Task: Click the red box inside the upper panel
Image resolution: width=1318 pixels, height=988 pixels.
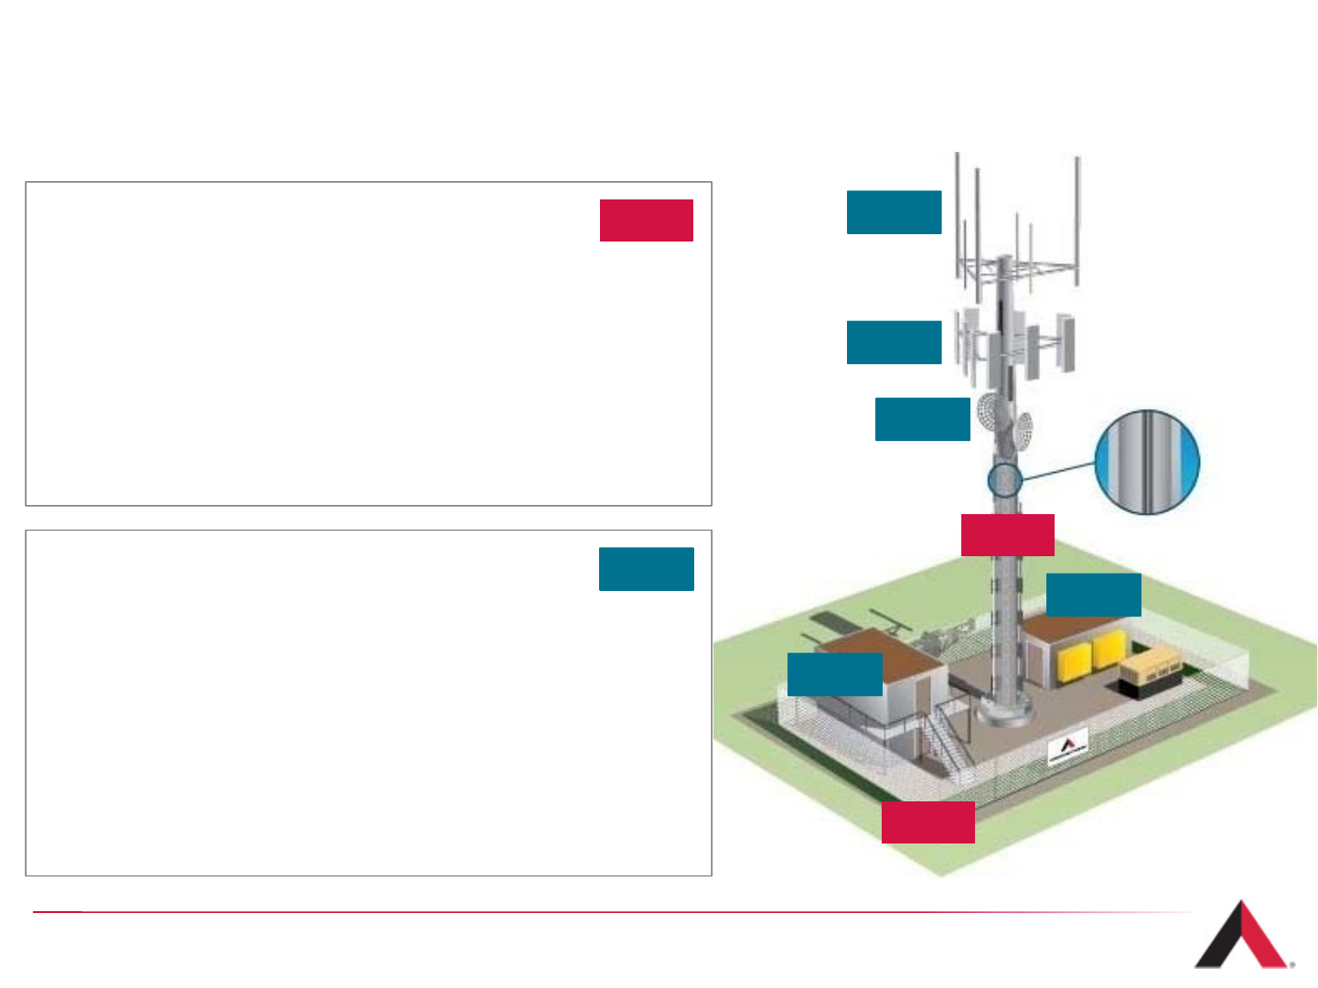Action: [646, 220]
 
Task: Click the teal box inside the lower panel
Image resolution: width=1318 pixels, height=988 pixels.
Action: [646, 569]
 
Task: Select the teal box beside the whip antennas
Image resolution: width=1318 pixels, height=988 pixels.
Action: [894, 212]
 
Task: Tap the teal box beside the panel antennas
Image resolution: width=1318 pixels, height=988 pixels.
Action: [894, 342]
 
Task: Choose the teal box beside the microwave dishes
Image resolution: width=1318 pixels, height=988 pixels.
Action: [922, 419]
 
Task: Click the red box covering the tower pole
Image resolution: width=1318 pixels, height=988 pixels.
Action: [1007, 535]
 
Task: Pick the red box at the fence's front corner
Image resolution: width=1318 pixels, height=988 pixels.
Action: [927, 822]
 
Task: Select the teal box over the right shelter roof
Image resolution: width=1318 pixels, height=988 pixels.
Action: [1093, 595]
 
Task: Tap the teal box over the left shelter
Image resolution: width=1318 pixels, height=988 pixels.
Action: [834, 674]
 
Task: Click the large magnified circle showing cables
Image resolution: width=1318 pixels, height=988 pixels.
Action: [1147, 462]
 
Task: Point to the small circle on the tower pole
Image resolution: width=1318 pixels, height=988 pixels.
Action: [1004, 480]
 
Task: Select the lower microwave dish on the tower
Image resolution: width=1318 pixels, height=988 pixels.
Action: [1023, 431]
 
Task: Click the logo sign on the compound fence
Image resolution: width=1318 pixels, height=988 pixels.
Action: [1067, 747]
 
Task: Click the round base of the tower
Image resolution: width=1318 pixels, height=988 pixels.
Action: [1005, 711]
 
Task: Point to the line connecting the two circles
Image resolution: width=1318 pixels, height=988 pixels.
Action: [1057, 472]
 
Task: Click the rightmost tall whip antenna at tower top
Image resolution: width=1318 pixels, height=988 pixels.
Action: [1077, 220]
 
